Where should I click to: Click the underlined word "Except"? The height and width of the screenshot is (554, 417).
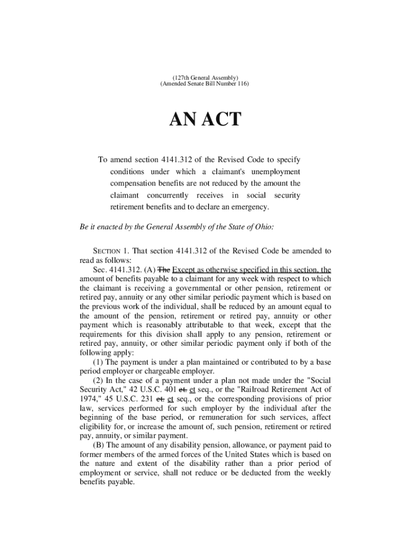(x=183, y=269)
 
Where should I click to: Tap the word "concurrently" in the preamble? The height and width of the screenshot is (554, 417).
(x=168, y=195)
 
